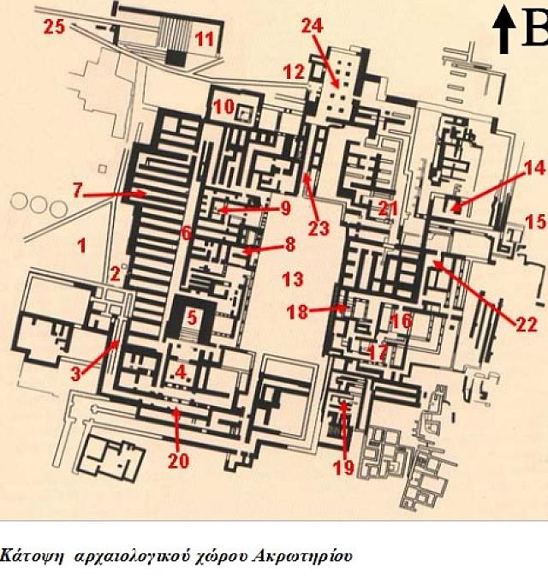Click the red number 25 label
[56, 27]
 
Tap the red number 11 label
[204, 38]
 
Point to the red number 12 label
[294, 72]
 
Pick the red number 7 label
[77, 191]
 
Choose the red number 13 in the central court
[293, 279]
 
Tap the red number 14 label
[533, 168]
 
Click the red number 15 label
[535, 223]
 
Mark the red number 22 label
[527, 324]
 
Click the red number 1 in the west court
[81, 247]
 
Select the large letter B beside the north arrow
[533, 33]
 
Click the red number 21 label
[389, 208]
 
